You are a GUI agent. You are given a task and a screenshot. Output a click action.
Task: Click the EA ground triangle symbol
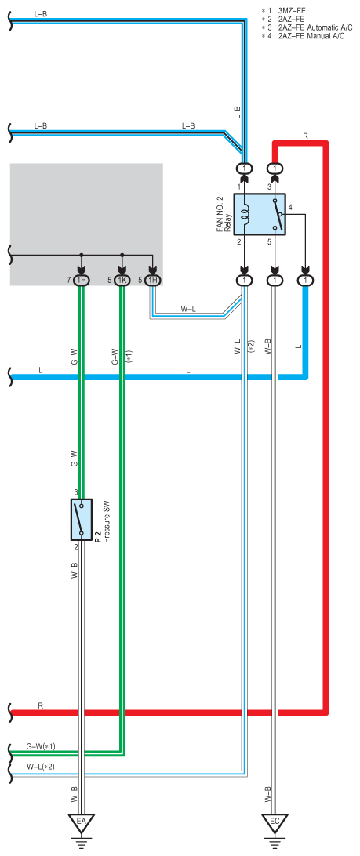click(x=81, y=821)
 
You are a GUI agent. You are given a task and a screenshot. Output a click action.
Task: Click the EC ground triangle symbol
click(x=275, y=821)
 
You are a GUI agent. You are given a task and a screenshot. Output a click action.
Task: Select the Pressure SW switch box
click(x=81, y=519)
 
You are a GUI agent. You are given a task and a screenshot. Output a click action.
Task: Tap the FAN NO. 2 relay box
click(x=260, y=214)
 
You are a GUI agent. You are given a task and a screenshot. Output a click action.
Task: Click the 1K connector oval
click(x=122, y=280)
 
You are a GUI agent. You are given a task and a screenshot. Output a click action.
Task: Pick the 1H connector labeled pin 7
click(x=81, y=280)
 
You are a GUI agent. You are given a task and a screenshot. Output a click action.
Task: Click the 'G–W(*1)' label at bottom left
click(x=41, y=746)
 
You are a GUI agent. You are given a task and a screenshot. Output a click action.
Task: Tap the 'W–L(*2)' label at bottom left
click(x=41, y=767)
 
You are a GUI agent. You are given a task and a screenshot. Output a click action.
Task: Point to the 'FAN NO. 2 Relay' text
click(x=223, y=213)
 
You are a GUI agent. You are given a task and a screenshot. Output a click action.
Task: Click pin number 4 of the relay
click(x=291, y=208)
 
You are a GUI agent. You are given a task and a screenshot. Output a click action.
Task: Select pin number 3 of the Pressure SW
click(x=76, y=493)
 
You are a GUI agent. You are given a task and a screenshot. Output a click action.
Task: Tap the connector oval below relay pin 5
click(x=275, y=280)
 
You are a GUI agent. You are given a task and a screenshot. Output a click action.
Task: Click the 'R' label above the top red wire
click(x=305, y=136)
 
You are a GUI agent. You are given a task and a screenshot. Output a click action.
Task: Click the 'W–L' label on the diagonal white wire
click(x=188, y=309)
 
